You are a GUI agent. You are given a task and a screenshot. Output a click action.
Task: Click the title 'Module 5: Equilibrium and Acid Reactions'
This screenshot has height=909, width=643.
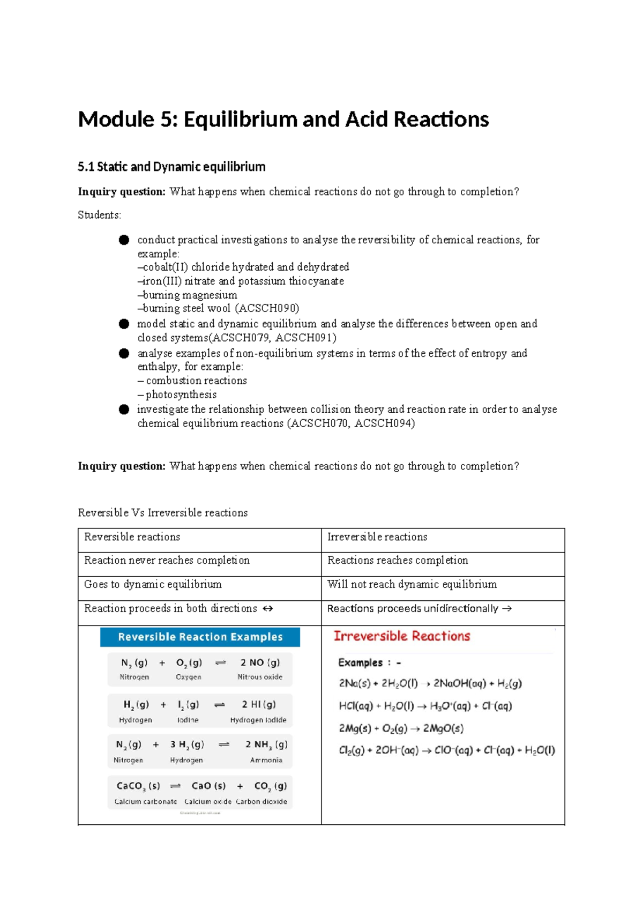pos(283,119)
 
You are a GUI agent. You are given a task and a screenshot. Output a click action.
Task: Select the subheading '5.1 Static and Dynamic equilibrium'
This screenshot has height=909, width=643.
pos(171,167)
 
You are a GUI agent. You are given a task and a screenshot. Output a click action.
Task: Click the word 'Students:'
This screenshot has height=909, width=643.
pos(100,215)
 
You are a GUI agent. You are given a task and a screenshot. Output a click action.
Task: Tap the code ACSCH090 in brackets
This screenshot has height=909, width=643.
pos(266,308)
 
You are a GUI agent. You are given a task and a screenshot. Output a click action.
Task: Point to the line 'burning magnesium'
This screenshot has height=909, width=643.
pos(189,295)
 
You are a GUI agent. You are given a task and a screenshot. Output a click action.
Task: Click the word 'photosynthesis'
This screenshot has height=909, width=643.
pos(181,394)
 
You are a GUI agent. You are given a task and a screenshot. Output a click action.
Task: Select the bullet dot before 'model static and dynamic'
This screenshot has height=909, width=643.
pos(124,324)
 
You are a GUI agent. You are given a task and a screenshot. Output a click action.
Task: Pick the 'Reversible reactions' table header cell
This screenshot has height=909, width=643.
pos(132,537)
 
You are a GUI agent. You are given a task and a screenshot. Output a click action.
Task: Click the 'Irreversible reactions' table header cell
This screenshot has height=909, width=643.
pos(377,537)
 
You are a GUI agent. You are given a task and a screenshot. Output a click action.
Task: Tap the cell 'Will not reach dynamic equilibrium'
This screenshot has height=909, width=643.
pos(412,584)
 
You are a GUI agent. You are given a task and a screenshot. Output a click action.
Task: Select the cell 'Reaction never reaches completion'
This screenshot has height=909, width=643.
pos(167,560)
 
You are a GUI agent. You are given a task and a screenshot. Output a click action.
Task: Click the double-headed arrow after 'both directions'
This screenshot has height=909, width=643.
pos(268,609)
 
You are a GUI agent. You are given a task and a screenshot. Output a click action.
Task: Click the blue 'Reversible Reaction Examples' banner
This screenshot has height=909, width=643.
pos(200,637)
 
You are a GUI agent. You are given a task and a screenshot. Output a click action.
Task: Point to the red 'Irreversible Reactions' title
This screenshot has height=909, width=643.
pos(402,636)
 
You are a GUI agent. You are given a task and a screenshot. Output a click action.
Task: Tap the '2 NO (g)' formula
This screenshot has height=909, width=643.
pos(260,662)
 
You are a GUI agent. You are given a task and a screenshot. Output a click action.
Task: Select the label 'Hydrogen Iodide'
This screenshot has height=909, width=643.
pos(258,720)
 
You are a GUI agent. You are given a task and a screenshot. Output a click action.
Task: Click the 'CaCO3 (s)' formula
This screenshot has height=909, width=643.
pos(138,786)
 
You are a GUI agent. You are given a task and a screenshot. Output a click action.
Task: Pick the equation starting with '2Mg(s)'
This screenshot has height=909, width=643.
pos(401,728)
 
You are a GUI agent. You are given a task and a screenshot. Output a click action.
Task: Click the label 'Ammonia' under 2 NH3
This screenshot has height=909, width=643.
pos(266,760)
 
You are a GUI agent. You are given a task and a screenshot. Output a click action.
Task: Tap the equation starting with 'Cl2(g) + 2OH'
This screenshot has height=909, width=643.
pos(446,750)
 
